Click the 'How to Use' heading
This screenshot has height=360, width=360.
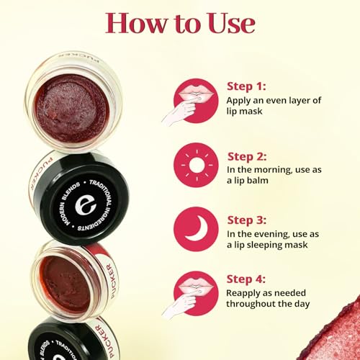180,22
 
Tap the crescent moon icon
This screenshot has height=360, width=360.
195,229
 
